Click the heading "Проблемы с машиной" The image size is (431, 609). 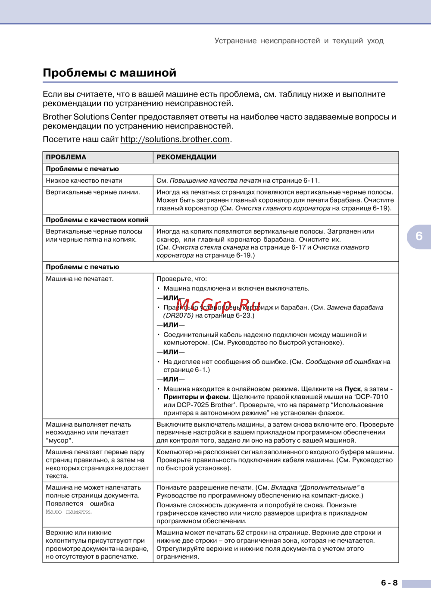[x=109, y=73]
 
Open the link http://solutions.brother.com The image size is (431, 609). [x=175, y=139]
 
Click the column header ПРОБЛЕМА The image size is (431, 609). [x=66, y=157]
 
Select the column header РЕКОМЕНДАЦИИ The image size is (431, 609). [x=186, y=157]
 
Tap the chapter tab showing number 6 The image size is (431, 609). [x=419, y=236]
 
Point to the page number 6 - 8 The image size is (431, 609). [x=389, y=583]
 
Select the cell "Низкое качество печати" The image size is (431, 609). [x=84, y=181]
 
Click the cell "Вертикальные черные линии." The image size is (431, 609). [x=93, y=192]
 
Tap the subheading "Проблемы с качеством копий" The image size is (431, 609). [x=97, y=220]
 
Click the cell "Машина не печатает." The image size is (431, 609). [x=80, y=279]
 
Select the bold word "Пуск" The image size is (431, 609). [x=353, y=389]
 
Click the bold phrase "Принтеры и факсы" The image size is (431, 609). [x=196, y=397]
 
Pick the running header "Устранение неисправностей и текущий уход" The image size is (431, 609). [x=299, y=41]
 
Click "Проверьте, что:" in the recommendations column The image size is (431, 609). [x=181, y=279]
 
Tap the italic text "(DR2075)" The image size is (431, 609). [x=178, y=315]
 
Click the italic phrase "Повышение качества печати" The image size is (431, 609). [x=215, y=181]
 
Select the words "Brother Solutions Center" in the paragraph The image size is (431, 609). [x=89, y=117]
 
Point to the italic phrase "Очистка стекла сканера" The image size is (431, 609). [x=210, y=247]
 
